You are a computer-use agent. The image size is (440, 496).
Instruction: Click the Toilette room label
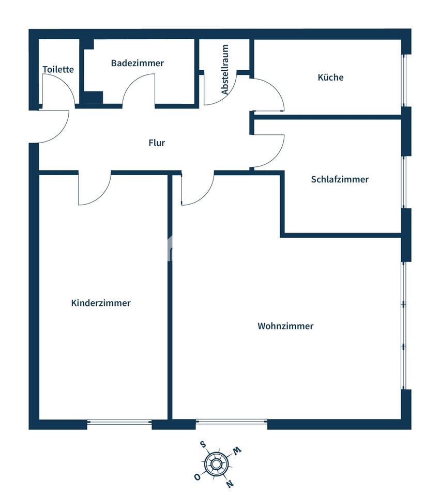(x=58, y=69)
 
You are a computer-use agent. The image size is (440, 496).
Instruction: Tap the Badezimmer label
(x=137, y=63)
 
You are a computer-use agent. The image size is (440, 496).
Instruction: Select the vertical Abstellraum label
(x=225, y=70)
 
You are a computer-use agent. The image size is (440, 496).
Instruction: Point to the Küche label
(x=330, y=78)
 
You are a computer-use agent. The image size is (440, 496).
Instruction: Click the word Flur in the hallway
(x=157, y=143)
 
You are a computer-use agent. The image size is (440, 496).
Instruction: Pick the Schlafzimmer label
(x=340, y=179)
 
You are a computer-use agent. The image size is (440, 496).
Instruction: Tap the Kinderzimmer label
(x=101, y=303)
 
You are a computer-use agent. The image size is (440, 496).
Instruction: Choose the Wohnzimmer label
(x=285, y=326)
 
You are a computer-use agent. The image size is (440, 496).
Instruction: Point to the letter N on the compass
(x=230, y=484)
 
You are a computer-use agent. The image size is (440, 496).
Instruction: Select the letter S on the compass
(x=204, y=444)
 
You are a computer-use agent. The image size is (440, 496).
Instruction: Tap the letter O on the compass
(x=198, y=477)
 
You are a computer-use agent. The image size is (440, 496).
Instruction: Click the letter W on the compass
(x=237, y=450)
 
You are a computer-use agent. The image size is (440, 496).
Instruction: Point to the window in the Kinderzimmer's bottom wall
(x=119, y=424)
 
